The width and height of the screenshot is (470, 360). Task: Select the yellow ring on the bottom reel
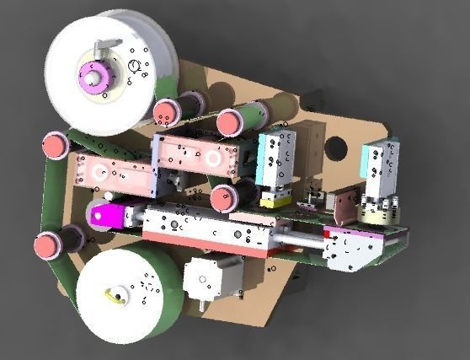point(114,295)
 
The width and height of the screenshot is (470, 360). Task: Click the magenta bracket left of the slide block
point(105,215)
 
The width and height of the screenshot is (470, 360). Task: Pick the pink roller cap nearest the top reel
point(166,111)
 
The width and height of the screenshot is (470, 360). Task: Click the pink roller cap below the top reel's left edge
point(56,145)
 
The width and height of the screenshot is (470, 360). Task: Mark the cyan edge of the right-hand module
point(368,168)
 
